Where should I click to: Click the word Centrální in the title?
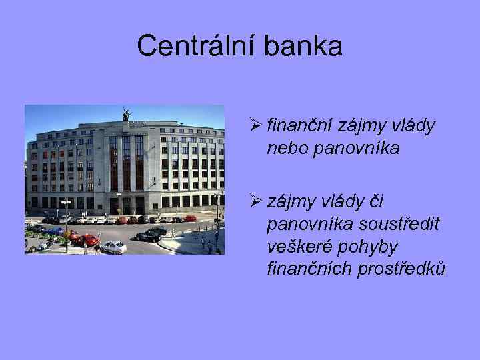(193, 46)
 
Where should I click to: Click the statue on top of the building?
(125, 114)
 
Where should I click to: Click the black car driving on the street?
(149, 235)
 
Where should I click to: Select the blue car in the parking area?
(55, 231)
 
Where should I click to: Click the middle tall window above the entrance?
(126, 164)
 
